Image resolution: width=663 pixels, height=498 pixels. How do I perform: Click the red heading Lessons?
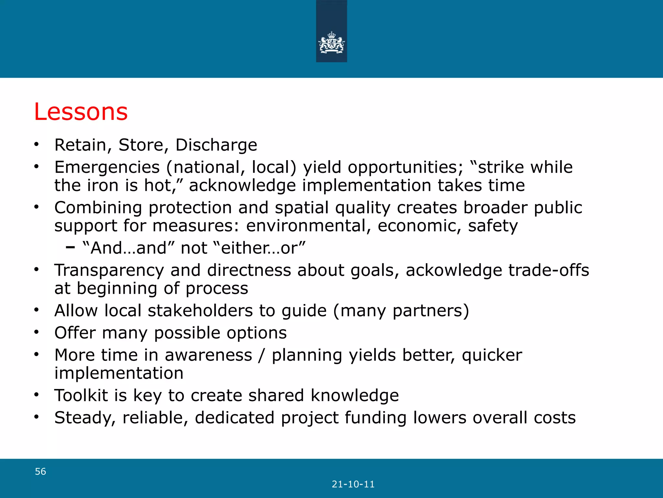pyautogui.click(x=81, y=112)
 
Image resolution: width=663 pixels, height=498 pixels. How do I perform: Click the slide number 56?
pyautogui.click(x=40, y=471)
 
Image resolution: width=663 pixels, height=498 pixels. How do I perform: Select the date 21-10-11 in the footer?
pyautogui.click(x=353, y=484)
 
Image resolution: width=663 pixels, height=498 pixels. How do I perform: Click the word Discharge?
pyautogui.click(x=216, y=145)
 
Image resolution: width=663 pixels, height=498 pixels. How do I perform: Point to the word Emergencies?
pyautogui.click(x=107, y=168)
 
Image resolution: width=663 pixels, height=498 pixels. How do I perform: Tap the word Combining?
pyautogui.click(x=98, y=207)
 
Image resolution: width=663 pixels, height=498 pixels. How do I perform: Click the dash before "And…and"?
pyautogui.click(x=70, y=248)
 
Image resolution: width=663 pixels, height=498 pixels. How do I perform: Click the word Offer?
pyautogui.click(x=75, y=333)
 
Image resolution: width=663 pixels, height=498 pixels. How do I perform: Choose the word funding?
pyautogui.click(x=376, y=418)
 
